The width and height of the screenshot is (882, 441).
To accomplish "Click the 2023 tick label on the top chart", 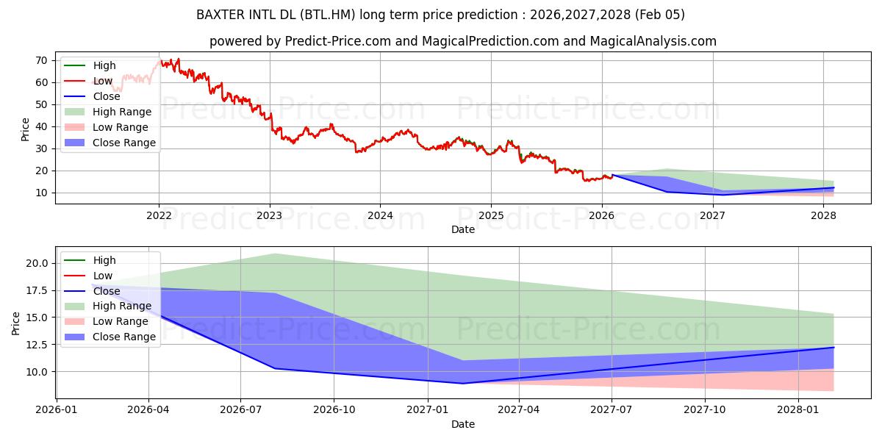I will [x=270, y=215].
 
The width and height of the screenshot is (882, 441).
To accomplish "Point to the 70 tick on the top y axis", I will [x=41, y=60].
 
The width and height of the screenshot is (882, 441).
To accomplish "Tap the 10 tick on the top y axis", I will [x=41, y=193].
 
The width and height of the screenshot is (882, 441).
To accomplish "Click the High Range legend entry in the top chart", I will [x=121, y=112].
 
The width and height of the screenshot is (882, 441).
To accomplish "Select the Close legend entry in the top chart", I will [x=107, y=96].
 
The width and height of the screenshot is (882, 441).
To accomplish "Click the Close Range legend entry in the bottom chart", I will [x=123, y=337].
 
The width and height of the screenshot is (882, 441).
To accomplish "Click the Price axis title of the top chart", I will [x=26, y=129].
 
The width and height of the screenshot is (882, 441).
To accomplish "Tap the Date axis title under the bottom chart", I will [x=463, y=424].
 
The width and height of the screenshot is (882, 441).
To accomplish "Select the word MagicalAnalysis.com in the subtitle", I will [x=653, y=41].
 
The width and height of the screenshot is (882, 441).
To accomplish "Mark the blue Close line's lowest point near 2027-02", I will [x=462, y=383].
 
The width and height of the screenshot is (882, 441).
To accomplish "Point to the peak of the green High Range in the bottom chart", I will [x=274, y=254].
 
